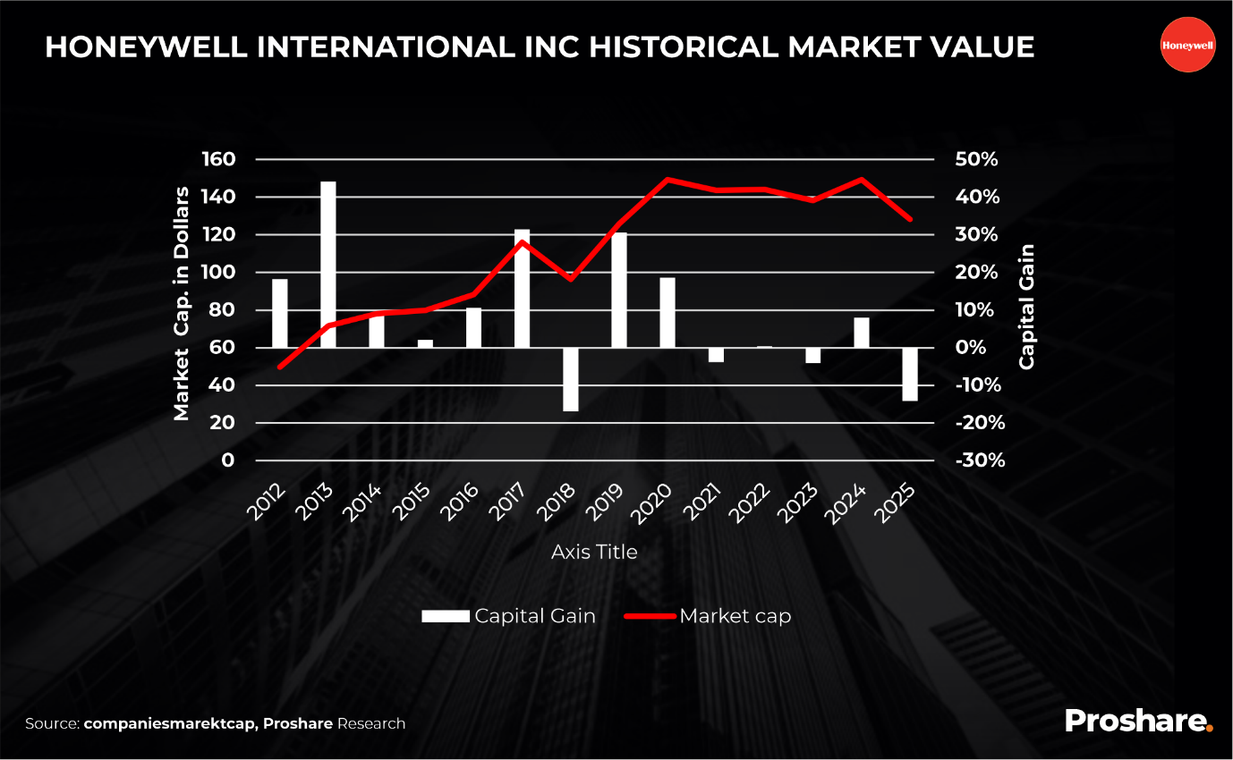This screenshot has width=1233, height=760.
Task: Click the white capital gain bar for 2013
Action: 328,264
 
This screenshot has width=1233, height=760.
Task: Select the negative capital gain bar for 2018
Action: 570,379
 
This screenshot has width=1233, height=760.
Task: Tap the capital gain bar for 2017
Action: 522,288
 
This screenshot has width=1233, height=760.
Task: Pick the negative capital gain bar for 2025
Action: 910,374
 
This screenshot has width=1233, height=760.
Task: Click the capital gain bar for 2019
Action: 618,290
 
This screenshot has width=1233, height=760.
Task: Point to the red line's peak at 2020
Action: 667,179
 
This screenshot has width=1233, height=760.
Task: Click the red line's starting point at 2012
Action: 280,367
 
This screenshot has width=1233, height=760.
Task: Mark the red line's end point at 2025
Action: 910,219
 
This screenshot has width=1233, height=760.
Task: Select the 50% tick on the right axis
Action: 977,159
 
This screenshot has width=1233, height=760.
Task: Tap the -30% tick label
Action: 980,460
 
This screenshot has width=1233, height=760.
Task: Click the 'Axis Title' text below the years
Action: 594,552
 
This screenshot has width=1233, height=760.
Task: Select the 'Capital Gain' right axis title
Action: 1026,307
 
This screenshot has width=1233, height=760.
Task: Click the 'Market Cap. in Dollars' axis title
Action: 182,304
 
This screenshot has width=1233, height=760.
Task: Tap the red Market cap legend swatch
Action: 650,616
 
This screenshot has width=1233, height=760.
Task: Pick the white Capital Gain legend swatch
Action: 446,616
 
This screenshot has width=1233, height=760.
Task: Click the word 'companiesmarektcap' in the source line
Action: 169,723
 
